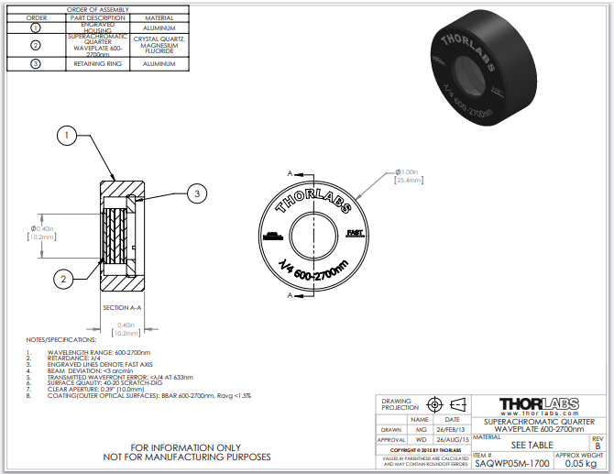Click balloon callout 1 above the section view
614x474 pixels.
tap(67, 138)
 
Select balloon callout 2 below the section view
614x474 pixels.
tap(63, 279)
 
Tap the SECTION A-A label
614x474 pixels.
tap(122, 307)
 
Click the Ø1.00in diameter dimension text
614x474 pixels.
tap(409, 171)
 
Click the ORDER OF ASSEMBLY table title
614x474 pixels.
tap(97, 9)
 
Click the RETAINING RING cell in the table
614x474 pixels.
tap(97, 64)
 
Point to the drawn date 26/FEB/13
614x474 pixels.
tap(452, 428)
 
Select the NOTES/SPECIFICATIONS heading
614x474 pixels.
tap(60, 340)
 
